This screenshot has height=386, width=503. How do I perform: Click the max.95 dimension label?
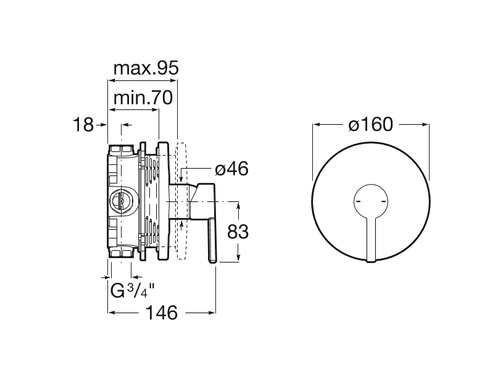tap(146, 68)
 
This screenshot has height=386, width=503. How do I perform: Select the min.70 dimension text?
tap(143, 98)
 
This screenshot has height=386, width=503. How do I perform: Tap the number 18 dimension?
tap(83, 125)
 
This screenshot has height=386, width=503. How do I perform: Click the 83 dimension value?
tap(238, 232)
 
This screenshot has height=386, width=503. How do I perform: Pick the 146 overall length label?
tap(162, 313)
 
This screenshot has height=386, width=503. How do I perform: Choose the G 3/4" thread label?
tap(133, 291)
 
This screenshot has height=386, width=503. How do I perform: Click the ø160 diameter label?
tap(370, 125)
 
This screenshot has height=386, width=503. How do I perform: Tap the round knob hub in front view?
tap(371, 201)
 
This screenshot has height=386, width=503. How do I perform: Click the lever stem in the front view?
tap(371, 239)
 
